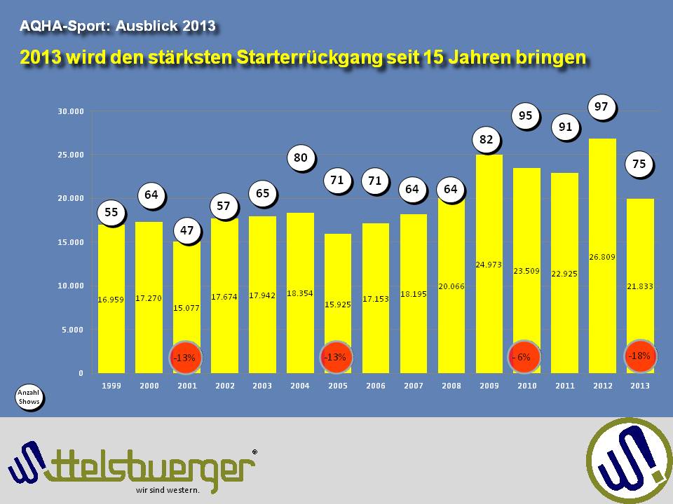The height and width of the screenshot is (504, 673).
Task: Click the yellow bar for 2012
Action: [602, 255]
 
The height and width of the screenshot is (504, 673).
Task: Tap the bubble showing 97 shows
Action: [601, 107]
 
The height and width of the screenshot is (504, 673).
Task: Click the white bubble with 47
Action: [186, 230]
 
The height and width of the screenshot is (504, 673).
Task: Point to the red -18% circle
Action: [639, 356]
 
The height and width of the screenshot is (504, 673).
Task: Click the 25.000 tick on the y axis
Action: [70, 155]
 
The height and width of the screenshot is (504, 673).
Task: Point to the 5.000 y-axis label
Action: [72, 330]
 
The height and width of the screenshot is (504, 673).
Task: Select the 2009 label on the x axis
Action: [488, 386]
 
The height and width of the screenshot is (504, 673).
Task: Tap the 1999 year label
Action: [111, 386]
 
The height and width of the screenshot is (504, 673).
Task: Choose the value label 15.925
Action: [338, 303]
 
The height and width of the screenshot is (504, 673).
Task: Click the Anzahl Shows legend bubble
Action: [27, 397]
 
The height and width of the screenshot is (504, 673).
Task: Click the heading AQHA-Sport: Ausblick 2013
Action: [116, 27]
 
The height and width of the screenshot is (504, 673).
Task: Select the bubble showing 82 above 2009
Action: [487, 140]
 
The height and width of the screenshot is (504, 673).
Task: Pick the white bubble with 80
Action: [300, 158]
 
